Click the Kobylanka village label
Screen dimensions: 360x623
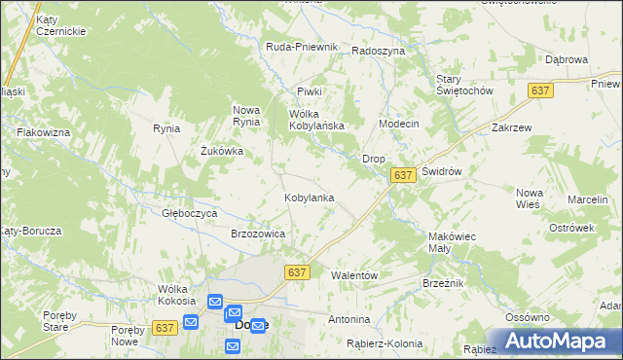[x=310, y=198]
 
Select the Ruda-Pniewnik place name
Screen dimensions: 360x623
[x=302, y=47]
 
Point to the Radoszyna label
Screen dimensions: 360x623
[x=378, y=51]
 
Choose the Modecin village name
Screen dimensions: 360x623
[x=398, y=125]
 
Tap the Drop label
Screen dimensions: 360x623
[x=374, y=158]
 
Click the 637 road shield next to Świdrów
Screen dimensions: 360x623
[x=404, y=175]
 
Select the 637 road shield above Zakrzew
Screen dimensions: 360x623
[x=541, y=90]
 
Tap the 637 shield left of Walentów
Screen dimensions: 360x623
[x=298, y=273]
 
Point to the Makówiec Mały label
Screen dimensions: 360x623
[x=452, y=242]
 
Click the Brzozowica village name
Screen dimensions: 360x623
[x=257, y=234]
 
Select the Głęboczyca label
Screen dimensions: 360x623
[x=190, y=212]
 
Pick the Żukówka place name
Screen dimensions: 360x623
[x=222, y=152]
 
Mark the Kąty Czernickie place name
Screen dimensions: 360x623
[x=59, y=25]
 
